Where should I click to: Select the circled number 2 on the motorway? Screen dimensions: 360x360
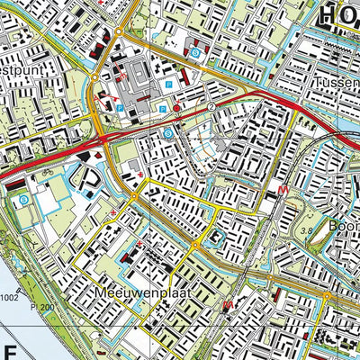point(212,106)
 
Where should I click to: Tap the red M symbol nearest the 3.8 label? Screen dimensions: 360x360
point(283,191)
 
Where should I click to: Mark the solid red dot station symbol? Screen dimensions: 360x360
point(177,107)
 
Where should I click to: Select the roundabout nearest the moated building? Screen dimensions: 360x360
point(194,244)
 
